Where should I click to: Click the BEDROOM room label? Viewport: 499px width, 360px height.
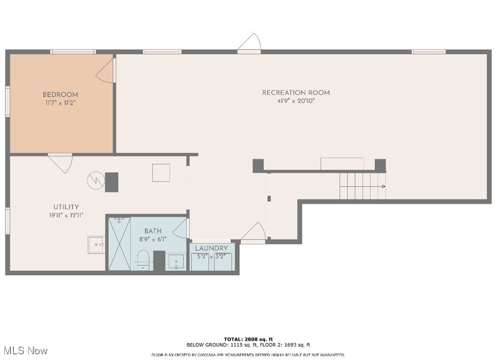coord(60,95)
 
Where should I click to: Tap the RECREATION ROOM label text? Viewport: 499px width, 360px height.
coord(296,93)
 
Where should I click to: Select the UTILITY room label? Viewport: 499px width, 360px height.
coord(66,207)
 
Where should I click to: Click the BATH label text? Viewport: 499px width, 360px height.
coord(153,231)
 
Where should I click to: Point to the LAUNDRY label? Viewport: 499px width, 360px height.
coord(211,249)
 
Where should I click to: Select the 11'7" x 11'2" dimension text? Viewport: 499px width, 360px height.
coord(60,102)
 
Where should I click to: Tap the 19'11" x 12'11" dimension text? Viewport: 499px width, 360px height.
coord(66,215)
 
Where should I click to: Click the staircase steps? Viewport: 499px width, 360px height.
coord(362,186)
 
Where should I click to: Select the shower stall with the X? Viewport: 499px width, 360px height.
coord(118,244)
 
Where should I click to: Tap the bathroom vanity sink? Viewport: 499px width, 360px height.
coord(176,262)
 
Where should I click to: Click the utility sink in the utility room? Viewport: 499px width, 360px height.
coord(96,245)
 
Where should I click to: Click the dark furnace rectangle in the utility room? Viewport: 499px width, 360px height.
coord(111,182)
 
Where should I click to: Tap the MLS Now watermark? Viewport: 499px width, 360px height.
coord(24,351)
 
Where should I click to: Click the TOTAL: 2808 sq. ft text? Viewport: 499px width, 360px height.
coord(248,339)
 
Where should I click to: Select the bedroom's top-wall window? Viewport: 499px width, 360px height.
coord(73,52)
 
